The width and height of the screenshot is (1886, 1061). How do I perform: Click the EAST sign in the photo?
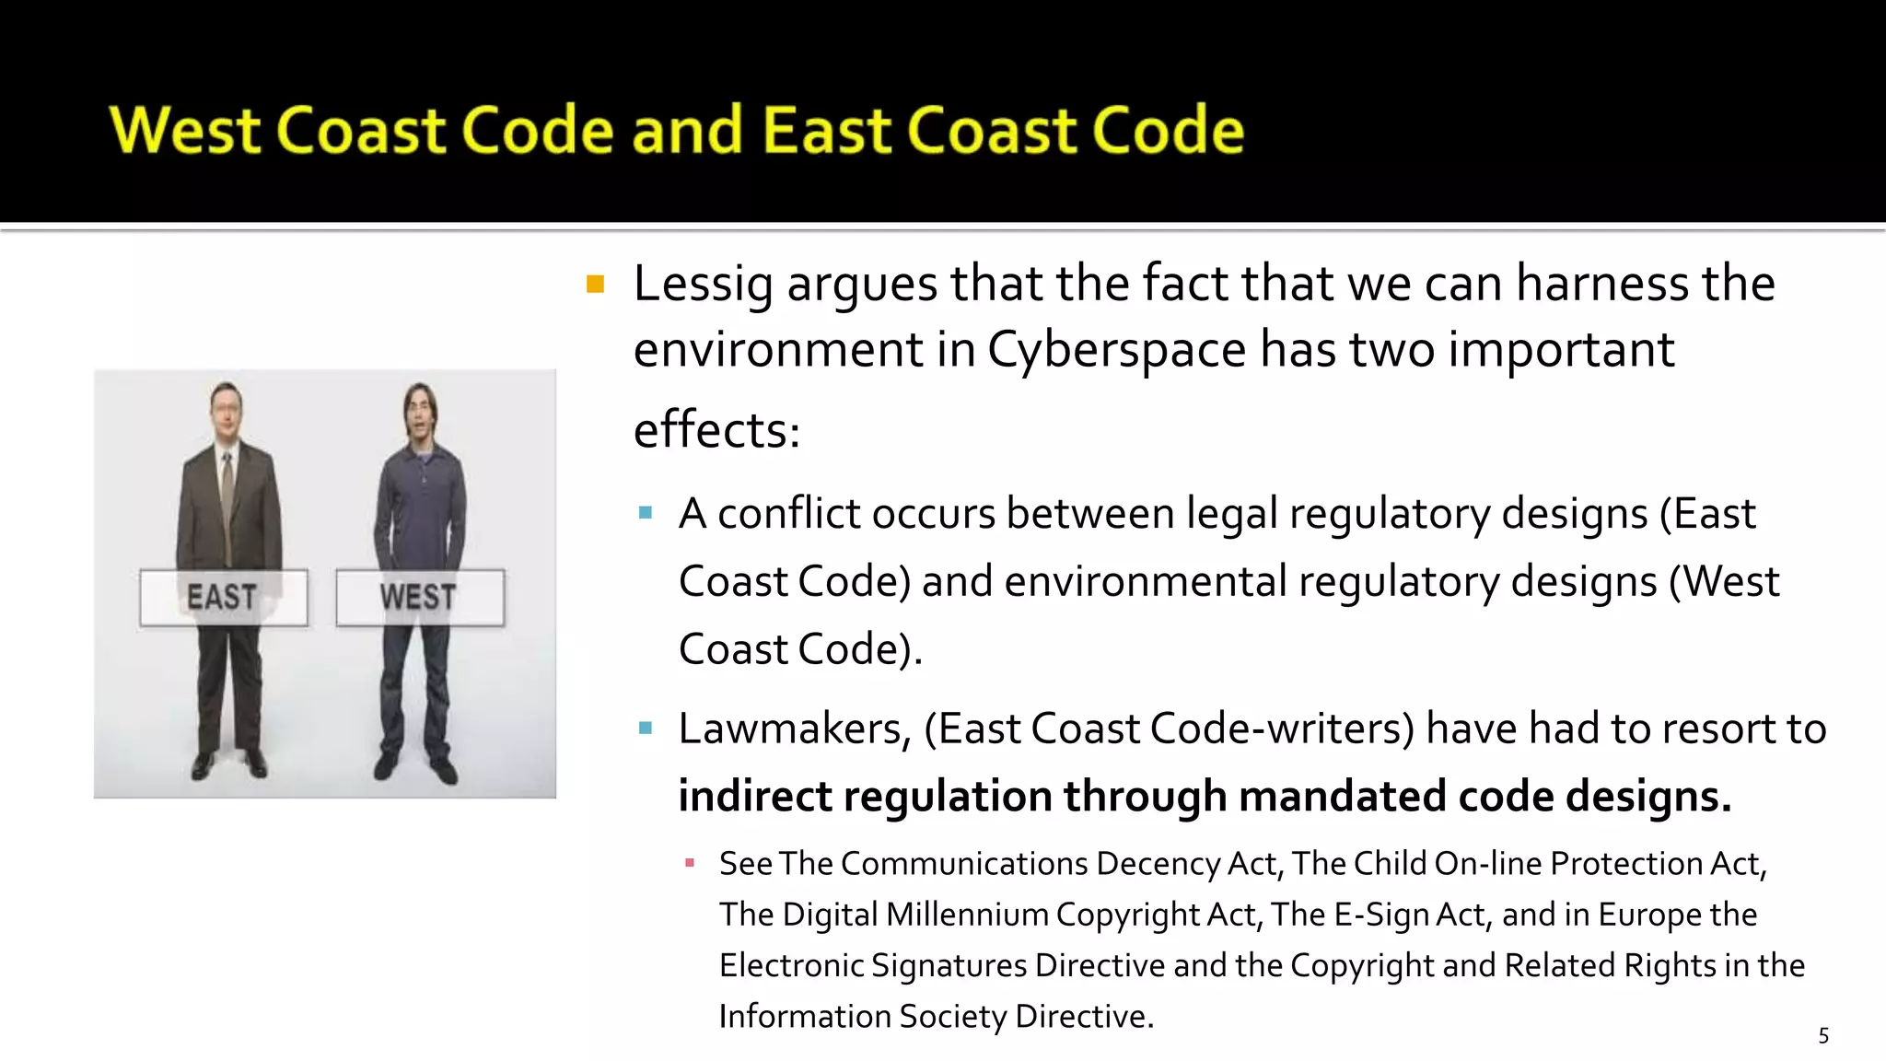point(223,597)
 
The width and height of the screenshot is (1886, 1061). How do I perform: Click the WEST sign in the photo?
point(419,597)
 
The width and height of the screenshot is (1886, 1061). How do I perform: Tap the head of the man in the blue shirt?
point(421,413)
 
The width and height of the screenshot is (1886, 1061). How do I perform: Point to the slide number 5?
point(1823,1036)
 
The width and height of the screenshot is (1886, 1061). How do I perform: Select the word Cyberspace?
point(1117,350)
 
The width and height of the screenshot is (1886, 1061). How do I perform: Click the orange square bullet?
point(595,284)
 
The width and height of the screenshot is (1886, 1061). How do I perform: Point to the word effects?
point(716,430)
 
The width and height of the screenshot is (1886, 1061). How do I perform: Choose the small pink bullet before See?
point(690,863)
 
